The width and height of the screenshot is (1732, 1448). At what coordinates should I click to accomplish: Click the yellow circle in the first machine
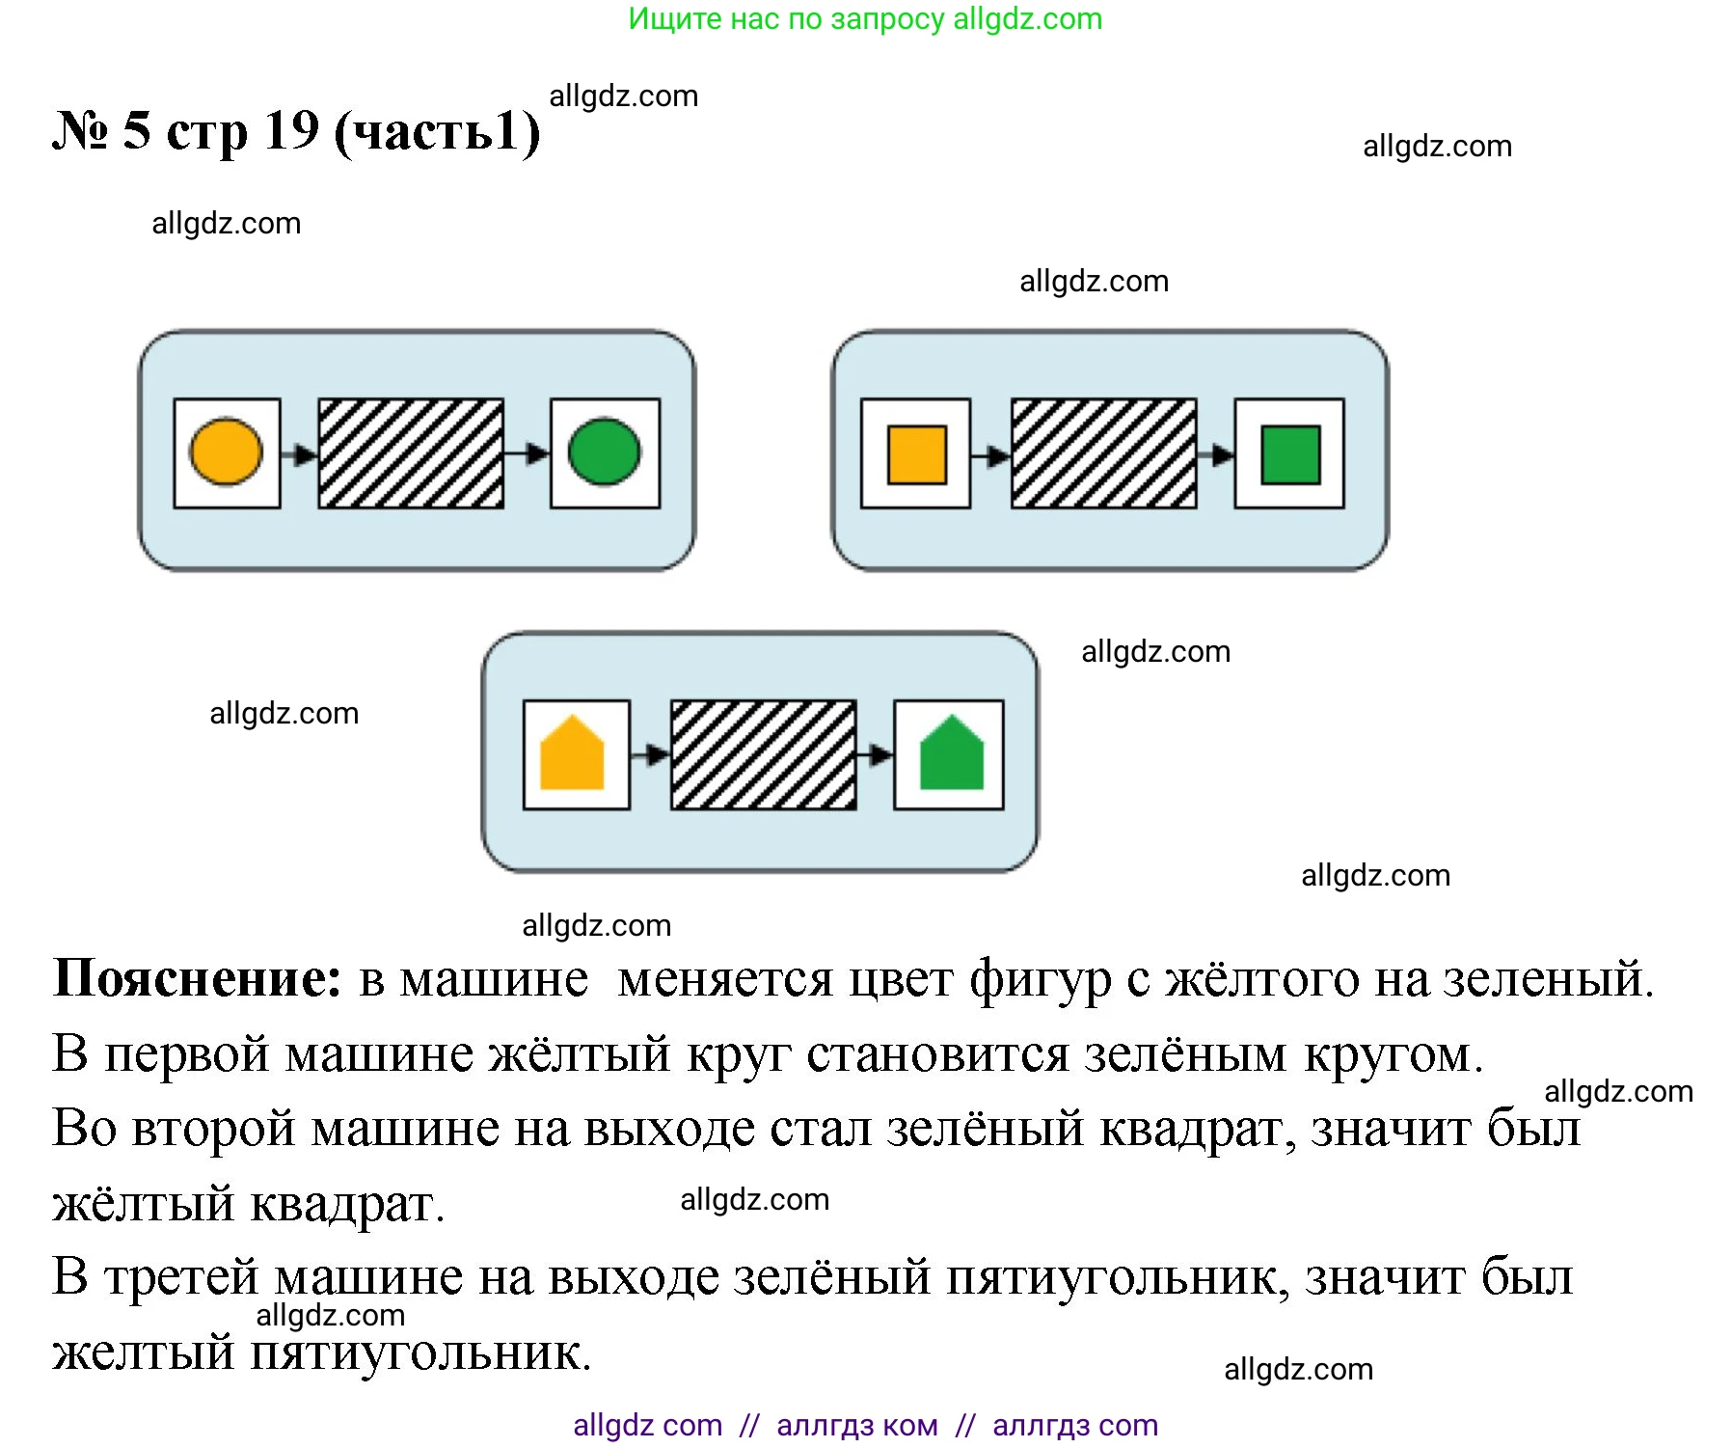[x=227, y=452]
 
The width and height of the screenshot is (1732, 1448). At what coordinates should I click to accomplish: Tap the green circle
[x=605, y=452]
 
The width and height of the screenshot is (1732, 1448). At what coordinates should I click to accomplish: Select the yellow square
[x=916, y=454]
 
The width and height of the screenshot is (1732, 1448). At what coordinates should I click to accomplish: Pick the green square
[x=1290, y=454]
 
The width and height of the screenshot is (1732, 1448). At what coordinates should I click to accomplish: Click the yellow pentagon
[x=572, y=754]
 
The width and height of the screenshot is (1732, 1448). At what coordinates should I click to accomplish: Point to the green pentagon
[x=951, y=754]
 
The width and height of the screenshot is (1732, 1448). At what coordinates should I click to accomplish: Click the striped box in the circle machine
[x=411, y=453]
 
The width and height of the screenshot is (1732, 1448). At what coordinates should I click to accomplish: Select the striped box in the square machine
[x=1103, y=453]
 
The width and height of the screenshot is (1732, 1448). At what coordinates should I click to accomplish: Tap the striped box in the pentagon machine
[x=763, y=754]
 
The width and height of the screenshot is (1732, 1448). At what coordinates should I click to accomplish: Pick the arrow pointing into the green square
[x=1216, y=454]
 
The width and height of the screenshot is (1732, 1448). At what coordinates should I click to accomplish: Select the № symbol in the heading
[x=81, y=131]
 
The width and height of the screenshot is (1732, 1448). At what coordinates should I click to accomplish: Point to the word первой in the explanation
[x=187, y=1053]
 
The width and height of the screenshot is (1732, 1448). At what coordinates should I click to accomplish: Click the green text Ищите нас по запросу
[x=786, y=18]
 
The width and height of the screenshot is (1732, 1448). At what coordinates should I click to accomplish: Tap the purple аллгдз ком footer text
[x=856, y=1425]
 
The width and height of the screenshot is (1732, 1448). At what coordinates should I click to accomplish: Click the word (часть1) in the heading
[x=437, y=132]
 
